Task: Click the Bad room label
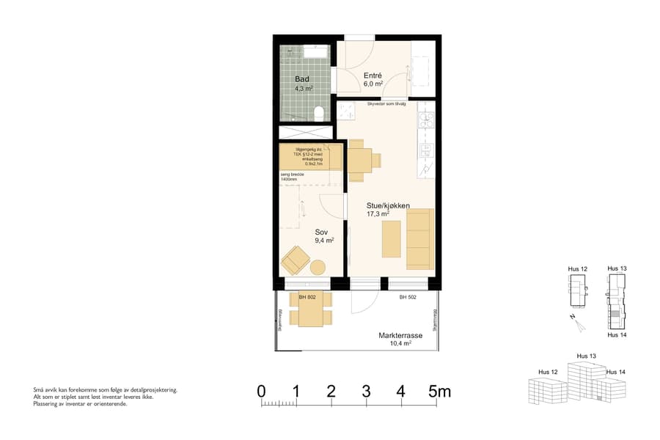tap(301, 78)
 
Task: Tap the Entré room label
tap(373, 75)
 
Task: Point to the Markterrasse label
tap(400, 335)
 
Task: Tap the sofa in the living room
tap(420, 238)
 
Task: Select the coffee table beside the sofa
tap(392, 239)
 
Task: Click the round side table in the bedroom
tap(318, 268)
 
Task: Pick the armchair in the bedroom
tap(295, 259)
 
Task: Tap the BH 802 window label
tap(307, 297)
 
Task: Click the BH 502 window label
tap(408, 297)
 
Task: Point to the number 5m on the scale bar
tap(439, 392)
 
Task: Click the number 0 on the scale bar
tap(262, 392)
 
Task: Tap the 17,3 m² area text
tap(378, 215)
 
